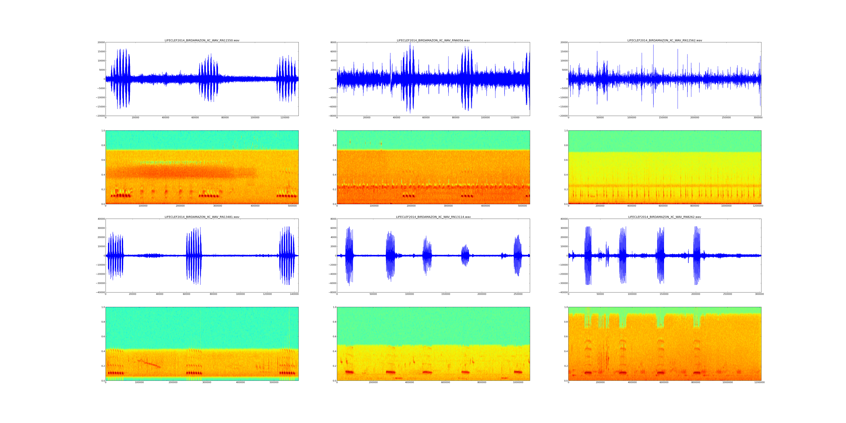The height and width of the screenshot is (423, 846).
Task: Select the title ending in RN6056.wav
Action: click(x=433, y=40)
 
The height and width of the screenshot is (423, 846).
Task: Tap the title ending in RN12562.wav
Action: click(x=665, y=40)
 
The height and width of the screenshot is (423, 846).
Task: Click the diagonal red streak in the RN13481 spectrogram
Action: click(x=149, y=363)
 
